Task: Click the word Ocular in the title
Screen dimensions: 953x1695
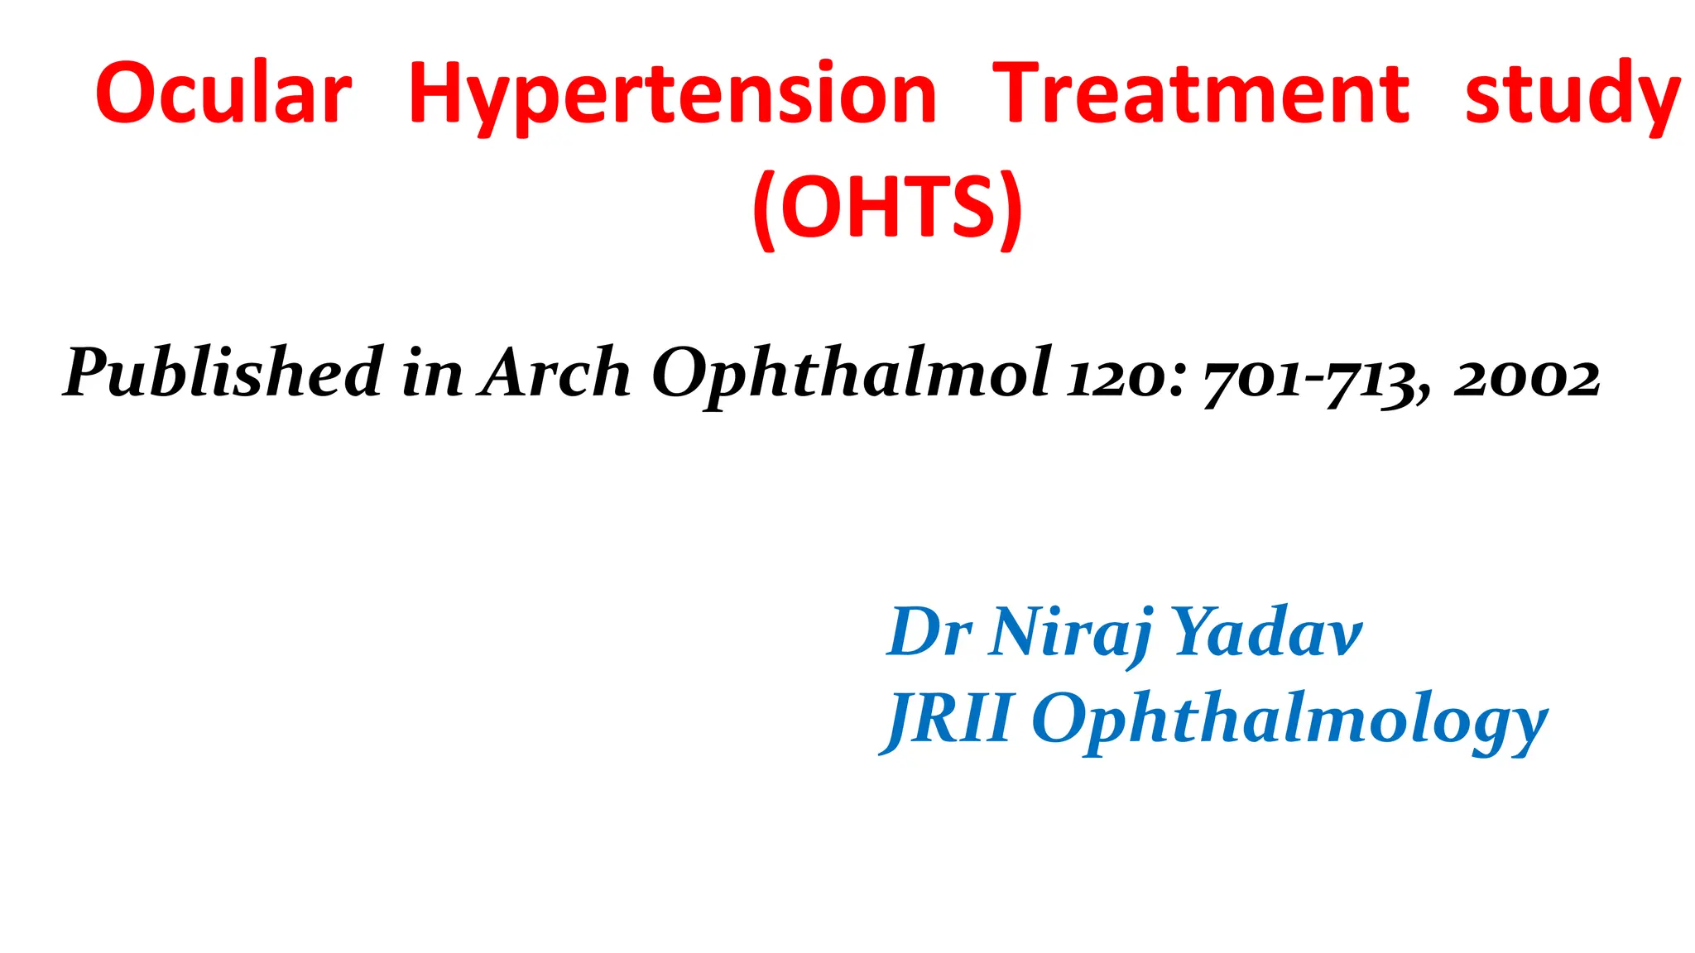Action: [x=223, y=93]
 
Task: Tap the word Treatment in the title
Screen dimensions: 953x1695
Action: [x=1200, y=93]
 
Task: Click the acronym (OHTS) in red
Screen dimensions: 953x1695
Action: [x=888, y=207]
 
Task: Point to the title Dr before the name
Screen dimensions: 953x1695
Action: [x=929, y=632]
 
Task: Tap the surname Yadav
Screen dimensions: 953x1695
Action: [x=1266, y=632]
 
